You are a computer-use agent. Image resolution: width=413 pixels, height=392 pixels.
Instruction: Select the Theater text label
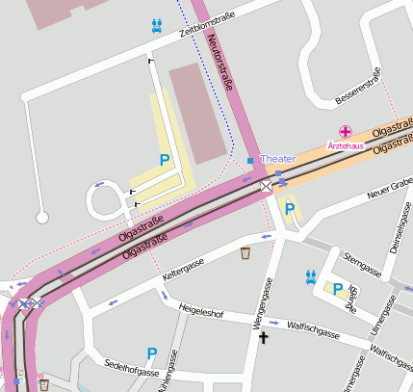[278, 158]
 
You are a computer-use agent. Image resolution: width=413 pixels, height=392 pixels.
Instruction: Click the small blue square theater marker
[250, 159]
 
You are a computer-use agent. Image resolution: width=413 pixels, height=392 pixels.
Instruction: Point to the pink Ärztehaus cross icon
[345, 131]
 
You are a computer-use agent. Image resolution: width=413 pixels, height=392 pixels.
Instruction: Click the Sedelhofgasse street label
[131, 370]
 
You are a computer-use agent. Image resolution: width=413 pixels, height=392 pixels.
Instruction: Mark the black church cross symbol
[262, 337]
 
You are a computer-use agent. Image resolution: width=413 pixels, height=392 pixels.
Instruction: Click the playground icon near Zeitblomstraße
[156, 26]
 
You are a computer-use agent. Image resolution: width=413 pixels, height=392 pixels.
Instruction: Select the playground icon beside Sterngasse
[310, 275]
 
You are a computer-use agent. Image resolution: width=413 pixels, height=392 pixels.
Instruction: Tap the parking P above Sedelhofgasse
[151, 354]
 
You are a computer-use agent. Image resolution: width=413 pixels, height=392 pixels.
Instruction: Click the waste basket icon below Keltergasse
[245, 254]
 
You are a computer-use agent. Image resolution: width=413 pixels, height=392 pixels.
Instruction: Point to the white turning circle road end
[42, 218]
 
